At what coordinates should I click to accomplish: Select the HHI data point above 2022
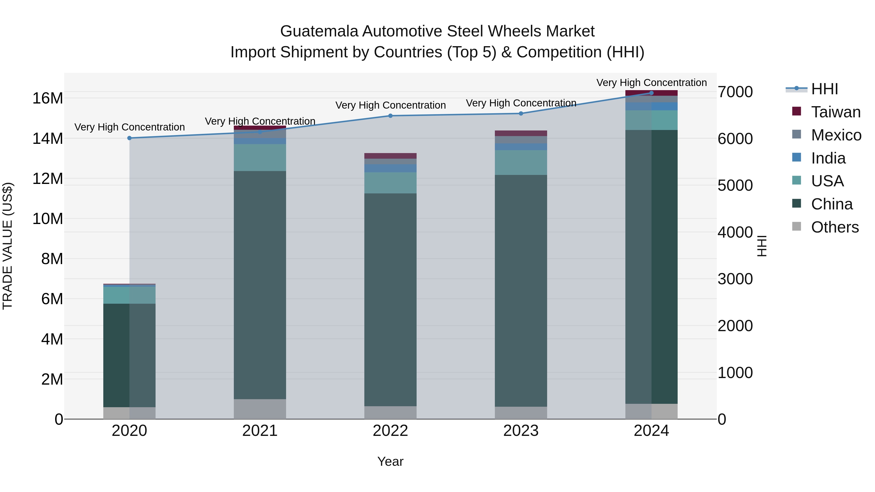point(390,116)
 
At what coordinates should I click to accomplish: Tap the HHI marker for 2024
point(651,93)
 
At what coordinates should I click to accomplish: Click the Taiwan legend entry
point(836,112)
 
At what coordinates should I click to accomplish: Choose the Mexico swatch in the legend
point(796,134)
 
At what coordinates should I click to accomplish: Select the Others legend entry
point(835,227)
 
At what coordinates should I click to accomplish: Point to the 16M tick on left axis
point(48,98)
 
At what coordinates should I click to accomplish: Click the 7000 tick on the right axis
point(735,92)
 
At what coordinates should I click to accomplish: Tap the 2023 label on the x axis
point(521,431)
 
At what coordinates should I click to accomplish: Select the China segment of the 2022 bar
point(390,299)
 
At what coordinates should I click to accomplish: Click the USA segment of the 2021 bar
point(260,157)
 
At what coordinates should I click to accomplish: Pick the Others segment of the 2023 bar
point(521,413)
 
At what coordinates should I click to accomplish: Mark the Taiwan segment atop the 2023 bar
point(521,133)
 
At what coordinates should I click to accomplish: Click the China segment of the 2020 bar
point(129,355)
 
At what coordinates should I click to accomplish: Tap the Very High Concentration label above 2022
point(390,105)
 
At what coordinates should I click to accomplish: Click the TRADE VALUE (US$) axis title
point(8,246)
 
